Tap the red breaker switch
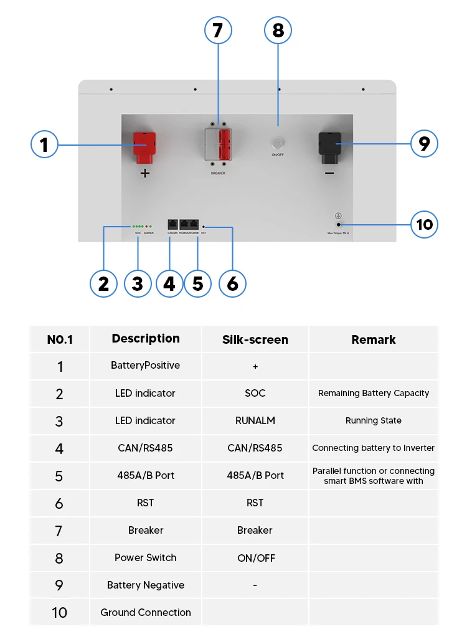click(x=225, y=146)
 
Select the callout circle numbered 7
click(x=218, y=31)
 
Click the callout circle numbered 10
click(x=425, y=224)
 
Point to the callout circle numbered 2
click(x=103, y=284)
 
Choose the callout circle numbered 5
click(x=197, y=284)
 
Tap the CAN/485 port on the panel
click(x=172, y=224)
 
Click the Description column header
click(x=146, y=339)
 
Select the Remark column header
click(x=374, y=339)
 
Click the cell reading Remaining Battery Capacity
click(x=374, y=393)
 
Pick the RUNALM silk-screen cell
click(x=255, y=420)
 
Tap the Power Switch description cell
click(x=146, y=557)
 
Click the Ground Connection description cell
click(x=146, y=612)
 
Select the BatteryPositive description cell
click(x=146, y=366)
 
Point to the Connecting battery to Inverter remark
click(x=374, y=448)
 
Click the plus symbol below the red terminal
click(x=145, y=174)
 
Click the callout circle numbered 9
click(x=424, y=144)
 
